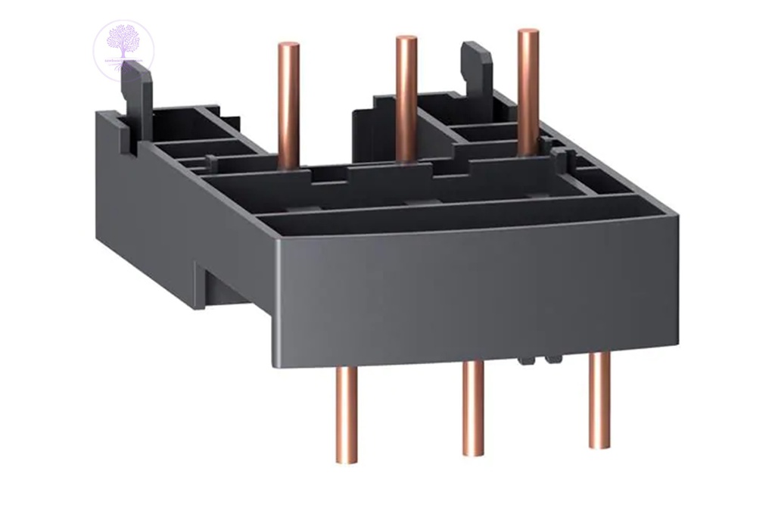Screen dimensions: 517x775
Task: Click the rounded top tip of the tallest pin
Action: (528, 33)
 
